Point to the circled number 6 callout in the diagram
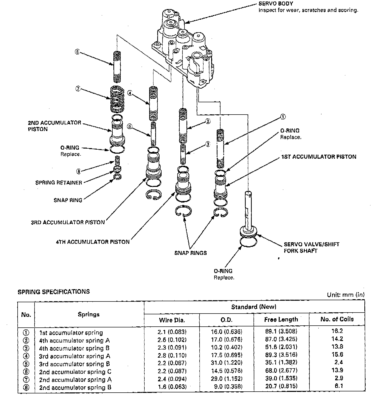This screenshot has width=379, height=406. click(77, 52)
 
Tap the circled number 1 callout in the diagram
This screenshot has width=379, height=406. click(283, 117)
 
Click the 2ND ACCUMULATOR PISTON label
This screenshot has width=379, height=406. click(54, 126)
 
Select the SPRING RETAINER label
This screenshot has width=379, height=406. click(59, 183)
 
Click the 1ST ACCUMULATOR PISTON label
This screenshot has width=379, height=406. click(319, 157)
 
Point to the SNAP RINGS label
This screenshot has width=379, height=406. click(191, 253)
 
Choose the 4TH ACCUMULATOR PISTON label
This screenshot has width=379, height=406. click(92, 242)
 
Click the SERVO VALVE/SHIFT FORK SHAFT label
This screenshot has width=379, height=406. click(311, 247)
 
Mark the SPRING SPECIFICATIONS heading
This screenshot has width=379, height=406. click(54, 292)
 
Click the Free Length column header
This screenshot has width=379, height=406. click(281, 320)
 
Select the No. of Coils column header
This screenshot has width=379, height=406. click(337, 319)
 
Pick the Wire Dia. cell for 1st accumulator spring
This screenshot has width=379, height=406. click(172, 332)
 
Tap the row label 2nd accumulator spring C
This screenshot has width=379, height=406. click(75, 372)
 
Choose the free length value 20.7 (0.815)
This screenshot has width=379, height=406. click(281, 386)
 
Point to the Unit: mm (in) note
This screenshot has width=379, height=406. click(345, 295)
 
